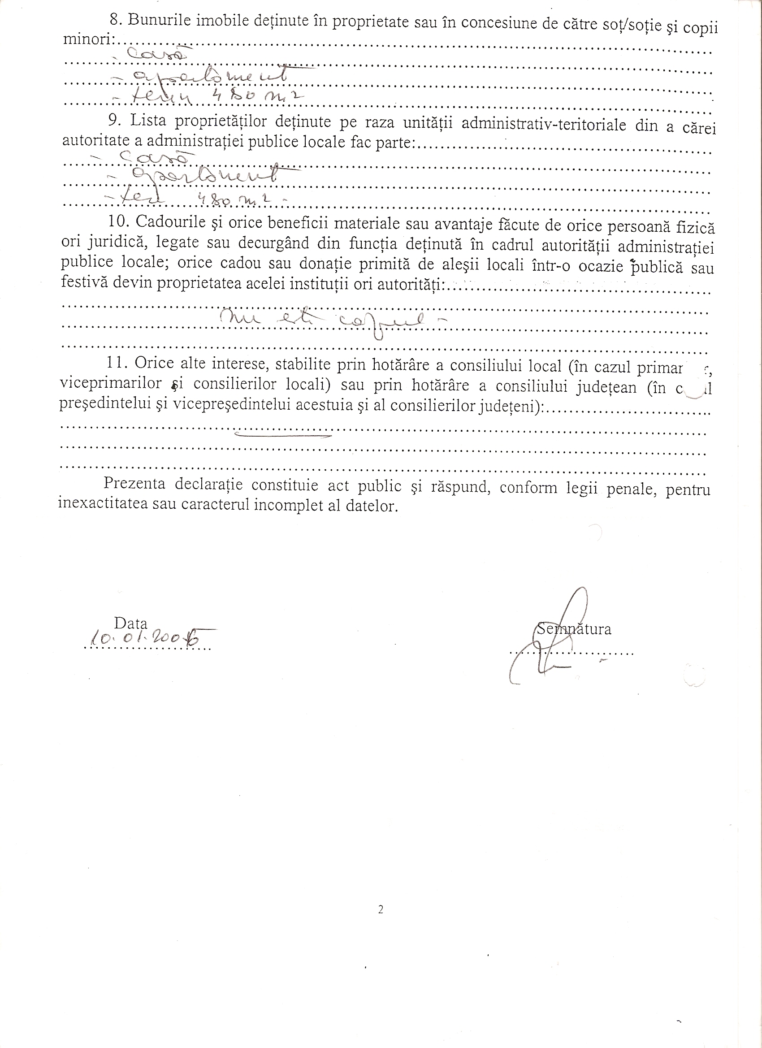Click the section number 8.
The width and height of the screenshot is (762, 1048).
(x=113, y=20)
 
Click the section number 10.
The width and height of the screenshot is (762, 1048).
(x=118, y=221)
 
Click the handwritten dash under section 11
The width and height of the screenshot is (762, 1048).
(x=283, y=434)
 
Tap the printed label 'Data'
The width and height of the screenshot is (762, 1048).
(x=130, y=624)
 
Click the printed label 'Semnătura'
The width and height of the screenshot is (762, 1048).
(x=574, y=629)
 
